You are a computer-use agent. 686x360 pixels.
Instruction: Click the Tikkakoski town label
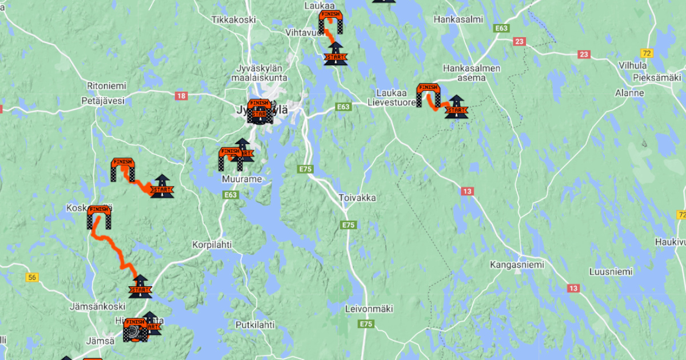[233, 19]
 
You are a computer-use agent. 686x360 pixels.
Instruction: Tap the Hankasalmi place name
[458, 19]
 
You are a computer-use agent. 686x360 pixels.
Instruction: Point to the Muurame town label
[242, 179]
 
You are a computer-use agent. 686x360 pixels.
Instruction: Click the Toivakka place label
[357, 198]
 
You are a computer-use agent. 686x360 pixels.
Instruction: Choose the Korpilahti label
[212, 244]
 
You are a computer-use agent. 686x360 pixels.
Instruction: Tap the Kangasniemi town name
[517, 265]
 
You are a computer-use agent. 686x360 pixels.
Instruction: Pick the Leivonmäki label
[369, 309]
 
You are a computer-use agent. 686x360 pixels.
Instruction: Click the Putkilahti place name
[255, 325]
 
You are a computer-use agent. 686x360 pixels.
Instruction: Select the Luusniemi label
[611, 272]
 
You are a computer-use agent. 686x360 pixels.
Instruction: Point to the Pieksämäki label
[657, 77]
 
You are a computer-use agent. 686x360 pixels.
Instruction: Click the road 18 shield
[181, 96]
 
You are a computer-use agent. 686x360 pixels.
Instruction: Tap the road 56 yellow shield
[32, 278]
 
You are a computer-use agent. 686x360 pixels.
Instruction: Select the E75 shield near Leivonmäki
[366, 324]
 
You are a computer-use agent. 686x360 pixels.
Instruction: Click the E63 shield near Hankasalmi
[501, 27]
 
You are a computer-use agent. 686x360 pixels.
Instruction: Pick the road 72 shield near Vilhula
[647, 53]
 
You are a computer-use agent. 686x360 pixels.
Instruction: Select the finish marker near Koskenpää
[99, 217]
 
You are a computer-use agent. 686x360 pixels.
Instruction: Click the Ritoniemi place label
[106, 86]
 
